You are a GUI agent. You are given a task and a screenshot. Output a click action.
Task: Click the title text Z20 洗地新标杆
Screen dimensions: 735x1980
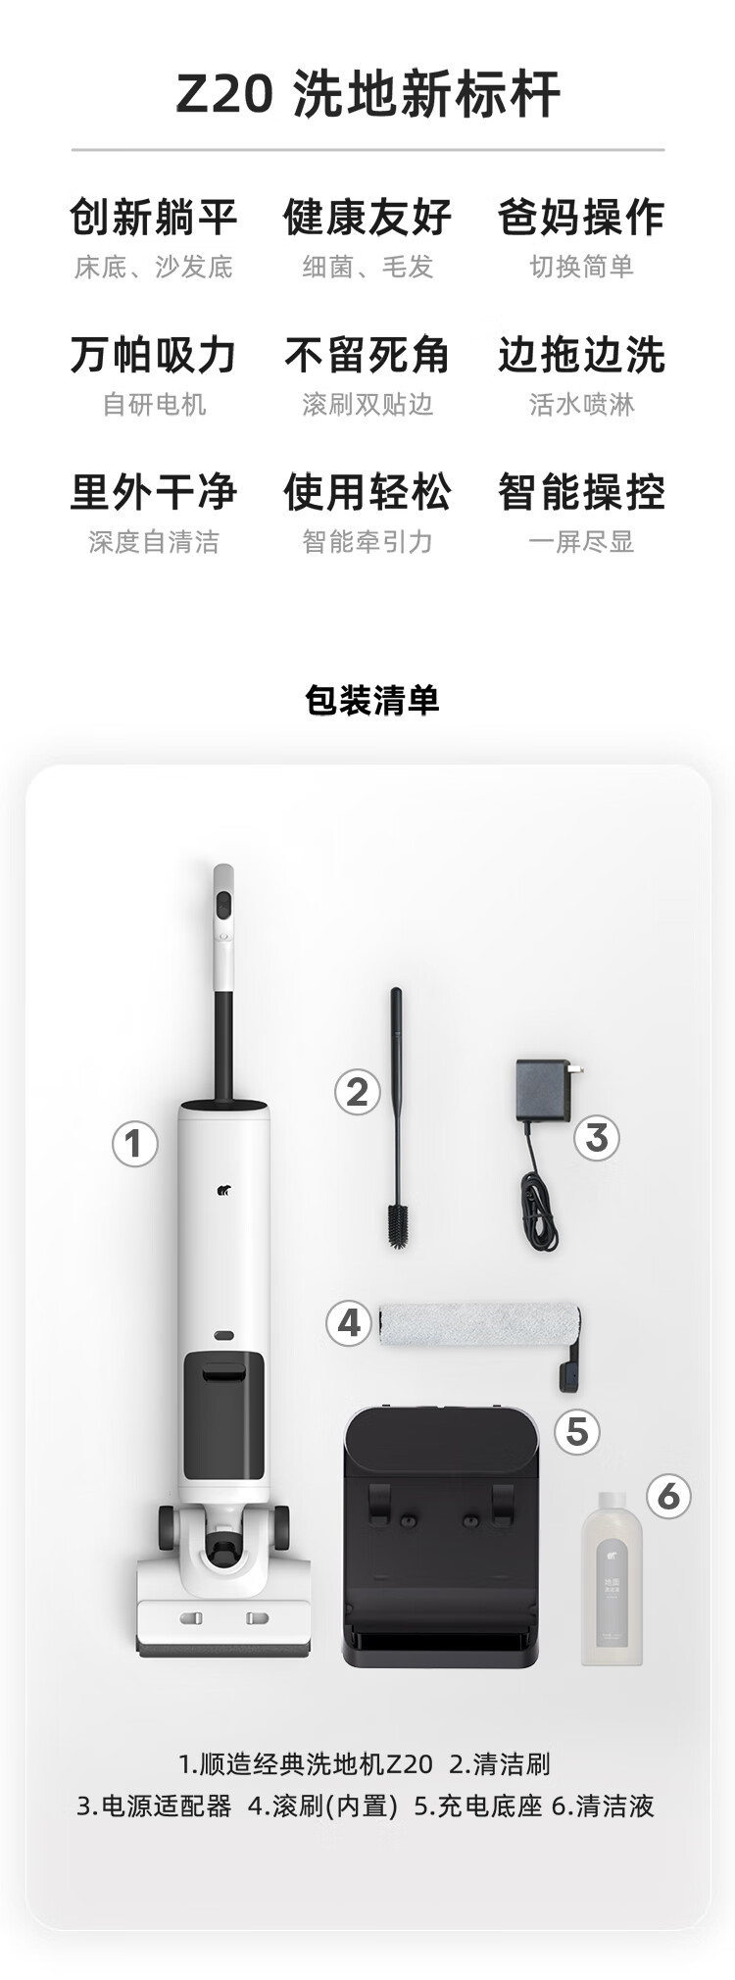[x=368, y=95]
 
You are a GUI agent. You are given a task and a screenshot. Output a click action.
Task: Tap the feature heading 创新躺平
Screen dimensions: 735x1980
[x=154, y=217]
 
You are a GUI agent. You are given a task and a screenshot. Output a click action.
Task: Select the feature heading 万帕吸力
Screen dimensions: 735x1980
[x=154, y=355]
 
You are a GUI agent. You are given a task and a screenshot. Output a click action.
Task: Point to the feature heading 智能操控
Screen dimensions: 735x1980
[x=582, y=492]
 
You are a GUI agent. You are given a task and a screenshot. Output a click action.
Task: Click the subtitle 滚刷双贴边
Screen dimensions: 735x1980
[x=367, y=405]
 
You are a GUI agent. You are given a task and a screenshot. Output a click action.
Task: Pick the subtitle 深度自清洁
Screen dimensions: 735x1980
[x=154, y=542]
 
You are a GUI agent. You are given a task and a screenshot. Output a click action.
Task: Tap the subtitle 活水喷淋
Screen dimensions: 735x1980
[x=582, y=405]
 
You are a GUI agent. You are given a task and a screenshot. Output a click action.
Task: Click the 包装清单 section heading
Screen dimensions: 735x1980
[x=372, y=700]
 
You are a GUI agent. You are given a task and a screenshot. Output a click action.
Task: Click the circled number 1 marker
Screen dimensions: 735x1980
[x=134, y=1143]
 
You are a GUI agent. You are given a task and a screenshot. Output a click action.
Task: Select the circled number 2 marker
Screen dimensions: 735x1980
[x=357, y=1091]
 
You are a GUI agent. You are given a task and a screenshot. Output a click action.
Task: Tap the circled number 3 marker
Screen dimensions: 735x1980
[x=597, y=1138]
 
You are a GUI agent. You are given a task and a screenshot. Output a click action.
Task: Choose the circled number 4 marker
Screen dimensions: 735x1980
[x=349, y=1323]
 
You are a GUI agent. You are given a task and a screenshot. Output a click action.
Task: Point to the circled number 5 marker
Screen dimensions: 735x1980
[x=577, y=1431]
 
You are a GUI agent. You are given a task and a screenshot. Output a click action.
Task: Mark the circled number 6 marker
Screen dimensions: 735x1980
[x=668, y=1496]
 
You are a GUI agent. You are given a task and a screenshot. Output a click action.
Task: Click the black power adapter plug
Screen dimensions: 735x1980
[x=546, y=1090]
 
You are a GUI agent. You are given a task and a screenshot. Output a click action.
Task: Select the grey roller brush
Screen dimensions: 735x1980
[x=479, y=1323]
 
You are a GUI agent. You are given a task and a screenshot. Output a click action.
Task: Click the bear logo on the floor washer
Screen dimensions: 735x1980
[x=223, y=1192]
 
